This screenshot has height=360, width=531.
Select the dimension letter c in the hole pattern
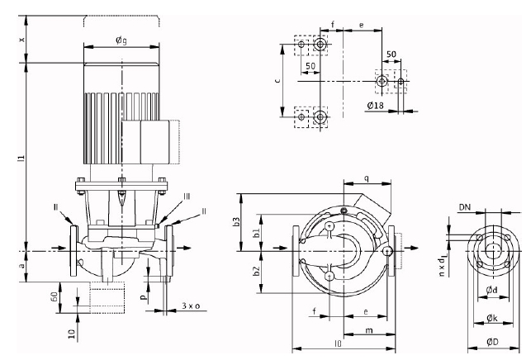[x=279, y=82]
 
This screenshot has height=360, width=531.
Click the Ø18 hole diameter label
[x=377, y=105]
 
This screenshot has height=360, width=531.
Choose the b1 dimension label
[x=256, y=234]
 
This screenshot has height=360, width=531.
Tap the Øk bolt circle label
[x=491, y=315]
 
